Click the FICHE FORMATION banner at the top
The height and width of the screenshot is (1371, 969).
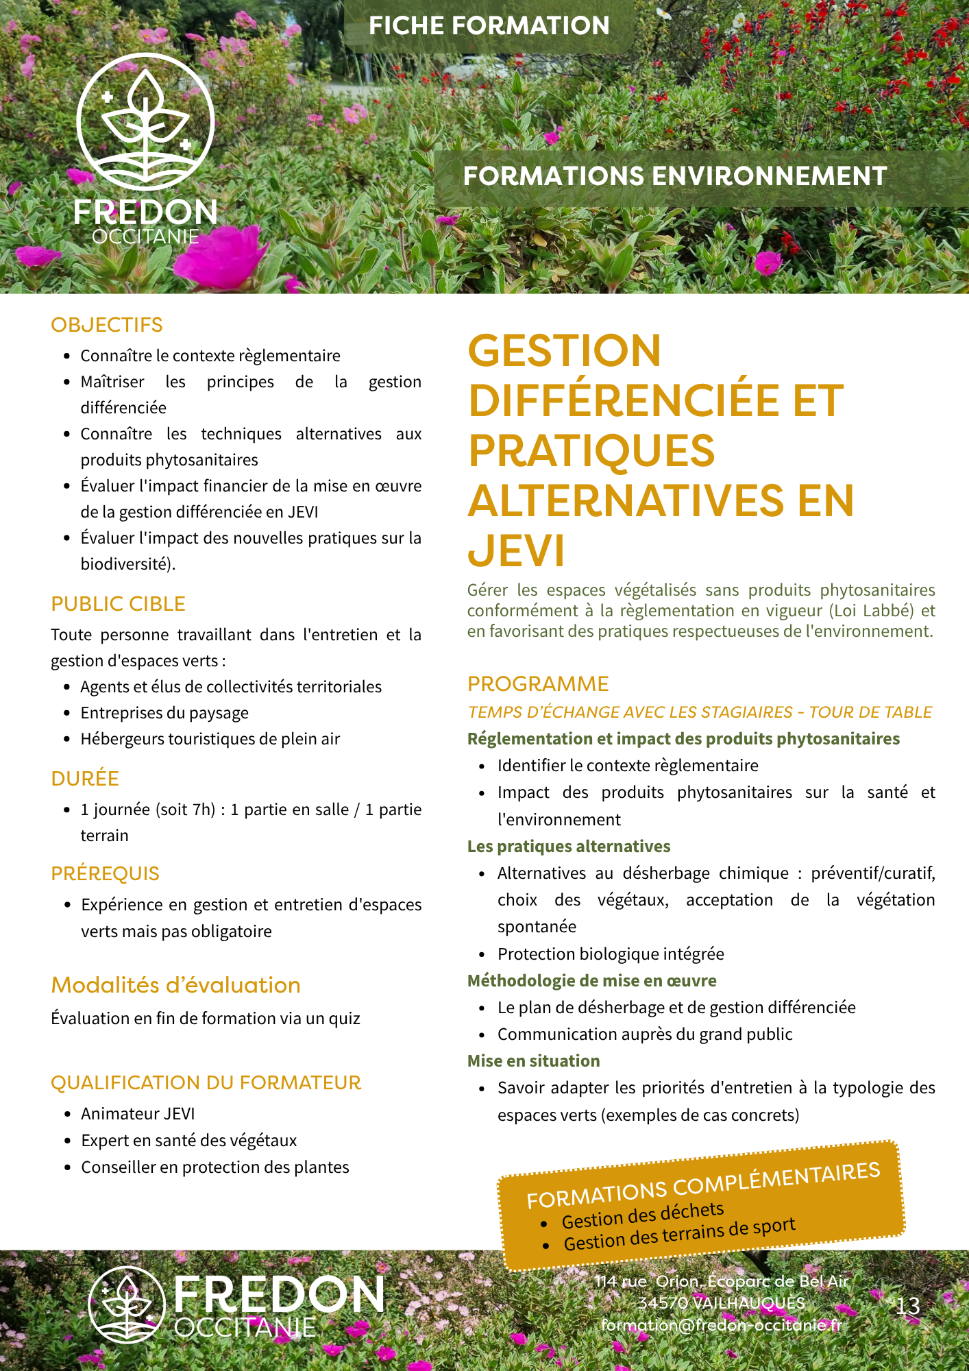(x=489, y=26)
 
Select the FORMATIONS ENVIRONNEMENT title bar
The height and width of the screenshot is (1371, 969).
(x=675, y=176)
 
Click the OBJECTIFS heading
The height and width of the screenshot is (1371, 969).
(x=107, y=325)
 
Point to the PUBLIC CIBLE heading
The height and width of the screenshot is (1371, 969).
(x=118, y=604)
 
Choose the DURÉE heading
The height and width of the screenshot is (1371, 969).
(x=85, y=779)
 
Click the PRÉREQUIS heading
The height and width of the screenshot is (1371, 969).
(x=105, y=874)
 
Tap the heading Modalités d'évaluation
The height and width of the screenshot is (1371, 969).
(x=175, y=985)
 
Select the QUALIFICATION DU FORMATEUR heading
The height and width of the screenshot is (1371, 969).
(x=206, y=1082)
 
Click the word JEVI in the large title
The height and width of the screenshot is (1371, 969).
(x=516, y=550)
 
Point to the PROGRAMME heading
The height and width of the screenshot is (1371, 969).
(x=538, y=684)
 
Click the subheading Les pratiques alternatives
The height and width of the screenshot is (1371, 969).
(x=569, y=847)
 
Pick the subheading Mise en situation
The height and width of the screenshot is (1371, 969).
(x=533, y=1061)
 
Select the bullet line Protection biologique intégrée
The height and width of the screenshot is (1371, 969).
(x=611, y=954)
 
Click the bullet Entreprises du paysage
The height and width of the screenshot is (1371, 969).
(x=164, y=713)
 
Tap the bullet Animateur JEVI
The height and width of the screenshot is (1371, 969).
(x=138, y=1114)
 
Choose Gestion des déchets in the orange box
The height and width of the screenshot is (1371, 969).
(x=643, y=1215)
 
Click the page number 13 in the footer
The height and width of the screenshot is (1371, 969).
(x=908, y=1306)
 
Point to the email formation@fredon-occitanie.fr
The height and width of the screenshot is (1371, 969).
(x=720, y=1324)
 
